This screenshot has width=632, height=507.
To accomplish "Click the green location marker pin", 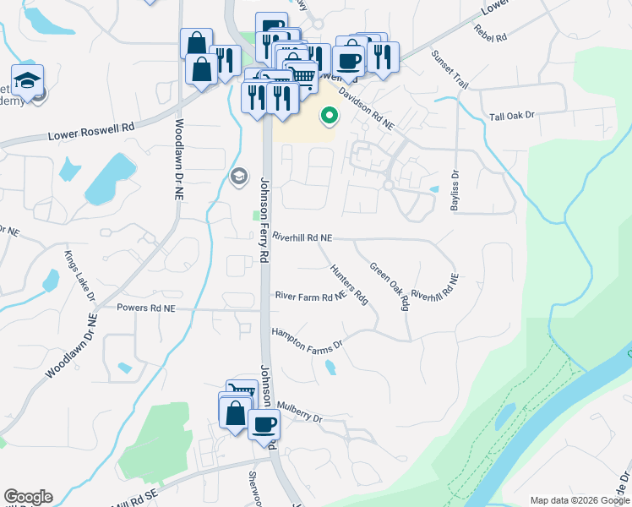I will point(328,116).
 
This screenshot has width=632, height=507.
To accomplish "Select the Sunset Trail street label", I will point(449,70).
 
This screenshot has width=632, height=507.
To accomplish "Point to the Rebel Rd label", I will point(490,34).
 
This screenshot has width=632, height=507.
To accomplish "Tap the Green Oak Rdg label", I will point(389,285).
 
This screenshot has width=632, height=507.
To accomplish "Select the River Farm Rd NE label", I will point(310,296).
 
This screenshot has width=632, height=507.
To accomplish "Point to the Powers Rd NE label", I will point(145,308).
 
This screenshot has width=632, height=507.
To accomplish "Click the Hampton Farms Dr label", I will point(307,338).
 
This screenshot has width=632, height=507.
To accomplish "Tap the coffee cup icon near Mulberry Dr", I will point(264,423).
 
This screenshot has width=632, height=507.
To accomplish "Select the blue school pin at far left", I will point(27,82).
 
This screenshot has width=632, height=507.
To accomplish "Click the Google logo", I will point(28,497).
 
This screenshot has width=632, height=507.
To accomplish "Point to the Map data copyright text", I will point(580,500).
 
